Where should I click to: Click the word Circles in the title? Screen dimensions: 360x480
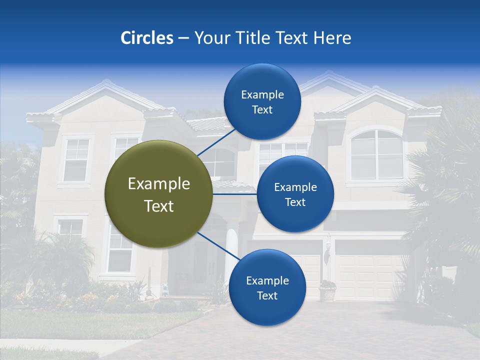[146, 38]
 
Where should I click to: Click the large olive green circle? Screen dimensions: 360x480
[158, 194]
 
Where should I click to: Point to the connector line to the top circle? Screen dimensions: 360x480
[216, 142]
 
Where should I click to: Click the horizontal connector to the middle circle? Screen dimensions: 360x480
[234, 194]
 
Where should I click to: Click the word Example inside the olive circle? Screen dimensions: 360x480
[158, 184]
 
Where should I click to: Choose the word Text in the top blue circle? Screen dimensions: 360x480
[262, 110]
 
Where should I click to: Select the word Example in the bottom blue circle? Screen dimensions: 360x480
[267, 281]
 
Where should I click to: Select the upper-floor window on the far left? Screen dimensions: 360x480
[76, 160]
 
